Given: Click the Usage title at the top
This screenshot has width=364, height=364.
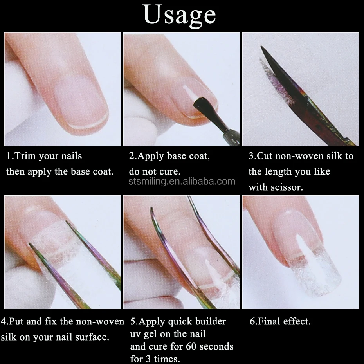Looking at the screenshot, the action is (180, 15).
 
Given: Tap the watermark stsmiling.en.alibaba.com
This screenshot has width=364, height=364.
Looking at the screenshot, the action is (182, 181).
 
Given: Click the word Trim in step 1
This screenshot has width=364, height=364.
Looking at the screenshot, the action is (25, 156).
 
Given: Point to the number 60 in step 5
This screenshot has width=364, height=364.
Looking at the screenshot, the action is (191, 346).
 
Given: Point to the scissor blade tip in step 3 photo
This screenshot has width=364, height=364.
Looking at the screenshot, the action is (261, 47).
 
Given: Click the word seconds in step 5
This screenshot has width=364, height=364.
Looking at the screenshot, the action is (216, 346).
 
